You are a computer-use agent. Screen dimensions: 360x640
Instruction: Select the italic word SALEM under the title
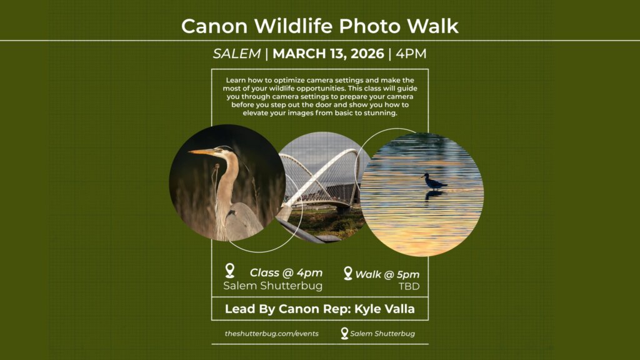(236, 54)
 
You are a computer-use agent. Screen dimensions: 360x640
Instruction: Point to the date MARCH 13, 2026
(328, 54)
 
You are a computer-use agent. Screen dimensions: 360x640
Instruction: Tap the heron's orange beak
(201, 152)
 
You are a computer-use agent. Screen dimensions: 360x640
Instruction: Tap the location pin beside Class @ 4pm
(230, 271)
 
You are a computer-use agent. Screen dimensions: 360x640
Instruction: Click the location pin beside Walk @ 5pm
(348, 273)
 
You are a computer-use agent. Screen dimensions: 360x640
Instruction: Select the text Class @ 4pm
(286, 272)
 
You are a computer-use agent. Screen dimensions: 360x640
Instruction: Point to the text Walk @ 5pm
(387, 274)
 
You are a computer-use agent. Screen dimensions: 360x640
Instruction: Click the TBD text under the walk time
(409, 286)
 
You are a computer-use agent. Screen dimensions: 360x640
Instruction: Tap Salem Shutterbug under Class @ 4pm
(273, 286)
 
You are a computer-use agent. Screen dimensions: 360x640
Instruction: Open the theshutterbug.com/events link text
(272, 334)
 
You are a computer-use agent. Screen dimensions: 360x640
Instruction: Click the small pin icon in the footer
(344, 333)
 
